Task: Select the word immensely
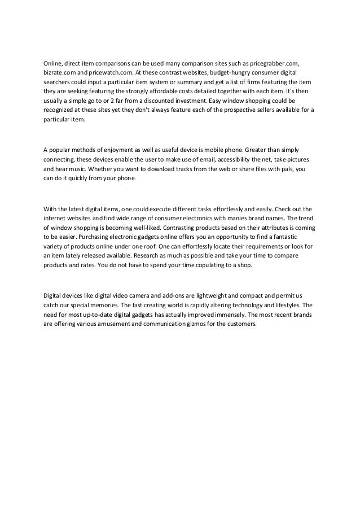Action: (225, 315)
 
